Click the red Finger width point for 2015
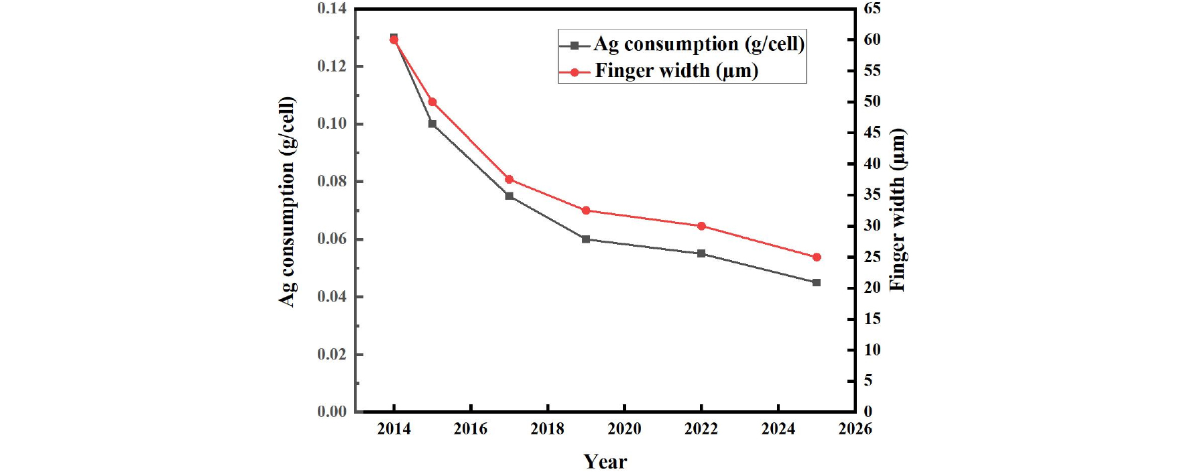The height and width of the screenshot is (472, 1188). point(432,102)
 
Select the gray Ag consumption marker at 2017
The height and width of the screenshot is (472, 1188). point(509,196)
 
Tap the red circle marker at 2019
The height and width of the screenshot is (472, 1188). point(586,211)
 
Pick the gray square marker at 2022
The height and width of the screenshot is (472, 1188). point(701,253)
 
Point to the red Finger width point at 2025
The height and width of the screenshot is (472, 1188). point(817,257)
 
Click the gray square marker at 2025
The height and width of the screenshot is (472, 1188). point(817,283)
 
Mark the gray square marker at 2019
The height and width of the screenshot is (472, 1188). point(586,239)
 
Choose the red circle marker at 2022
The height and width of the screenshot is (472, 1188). point(701,226)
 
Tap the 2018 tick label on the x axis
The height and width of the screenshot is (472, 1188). point(548,429)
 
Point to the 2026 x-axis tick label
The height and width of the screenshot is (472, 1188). point(855,429)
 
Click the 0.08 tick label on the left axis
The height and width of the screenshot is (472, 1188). point(332,182)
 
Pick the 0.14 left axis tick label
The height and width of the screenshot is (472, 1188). point(332,9)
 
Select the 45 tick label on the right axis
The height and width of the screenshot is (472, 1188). point(872,133)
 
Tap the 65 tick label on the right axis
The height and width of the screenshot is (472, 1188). point(872,9)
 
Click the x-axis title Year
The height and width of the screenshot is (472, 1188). point(605,461)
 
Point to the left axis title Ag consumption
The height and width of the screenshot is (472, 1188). point(287,201)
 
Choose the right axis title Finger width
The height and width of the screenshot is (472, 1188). point(897,209)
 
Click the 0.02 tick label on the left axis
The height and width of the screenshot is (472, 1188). point(332,355)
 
